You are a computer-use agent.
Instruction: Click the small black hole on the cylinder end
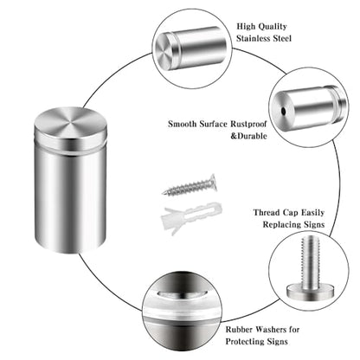click(284, 111)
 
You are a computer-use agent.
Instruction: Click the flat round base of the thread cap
click(311, 292)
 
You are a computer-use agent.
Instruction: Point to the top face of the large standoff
click(70, 123)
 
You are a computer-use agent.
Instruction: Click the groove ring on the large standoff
click(70, 147)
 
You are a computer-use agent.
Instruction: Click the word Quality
click(273, 27)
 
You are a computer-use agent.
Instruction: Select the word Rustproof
click(248, 124)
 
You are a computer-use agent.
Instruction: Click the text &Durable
click(248, 136)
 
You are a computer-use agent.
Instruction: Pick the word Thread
click(267, 213)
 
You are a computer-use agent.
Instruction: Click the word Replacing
click(279, 224)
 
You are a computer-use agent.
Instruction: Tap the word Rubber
click(240, 330)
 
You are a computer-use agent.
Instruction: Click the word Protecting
click(245, 342)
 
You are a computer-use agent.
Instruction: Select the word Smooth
click(183, 124)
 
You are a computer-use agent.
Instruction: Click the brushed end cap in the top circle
click(164, 52)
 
